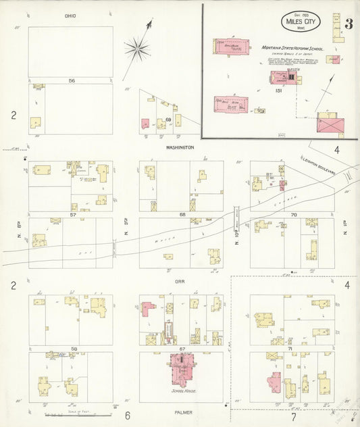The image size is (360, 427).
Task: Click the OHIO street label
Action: coord(70,16)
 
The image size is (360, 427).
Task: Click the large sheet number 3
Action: coord(348,24)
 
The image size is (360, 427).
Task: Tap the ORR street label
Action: coord(180,282)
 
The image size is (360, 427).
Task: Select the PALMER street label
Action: coord(180,411)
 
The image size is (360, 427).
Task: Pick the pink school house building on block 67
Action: coord(181,368)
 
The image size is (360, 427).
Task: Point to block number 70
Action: coord(293,215)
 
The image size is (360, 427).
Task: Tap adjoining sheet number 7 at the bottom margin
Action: coord(293,417)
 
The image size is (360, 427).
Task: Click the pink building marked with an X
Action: coord(330,125)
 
